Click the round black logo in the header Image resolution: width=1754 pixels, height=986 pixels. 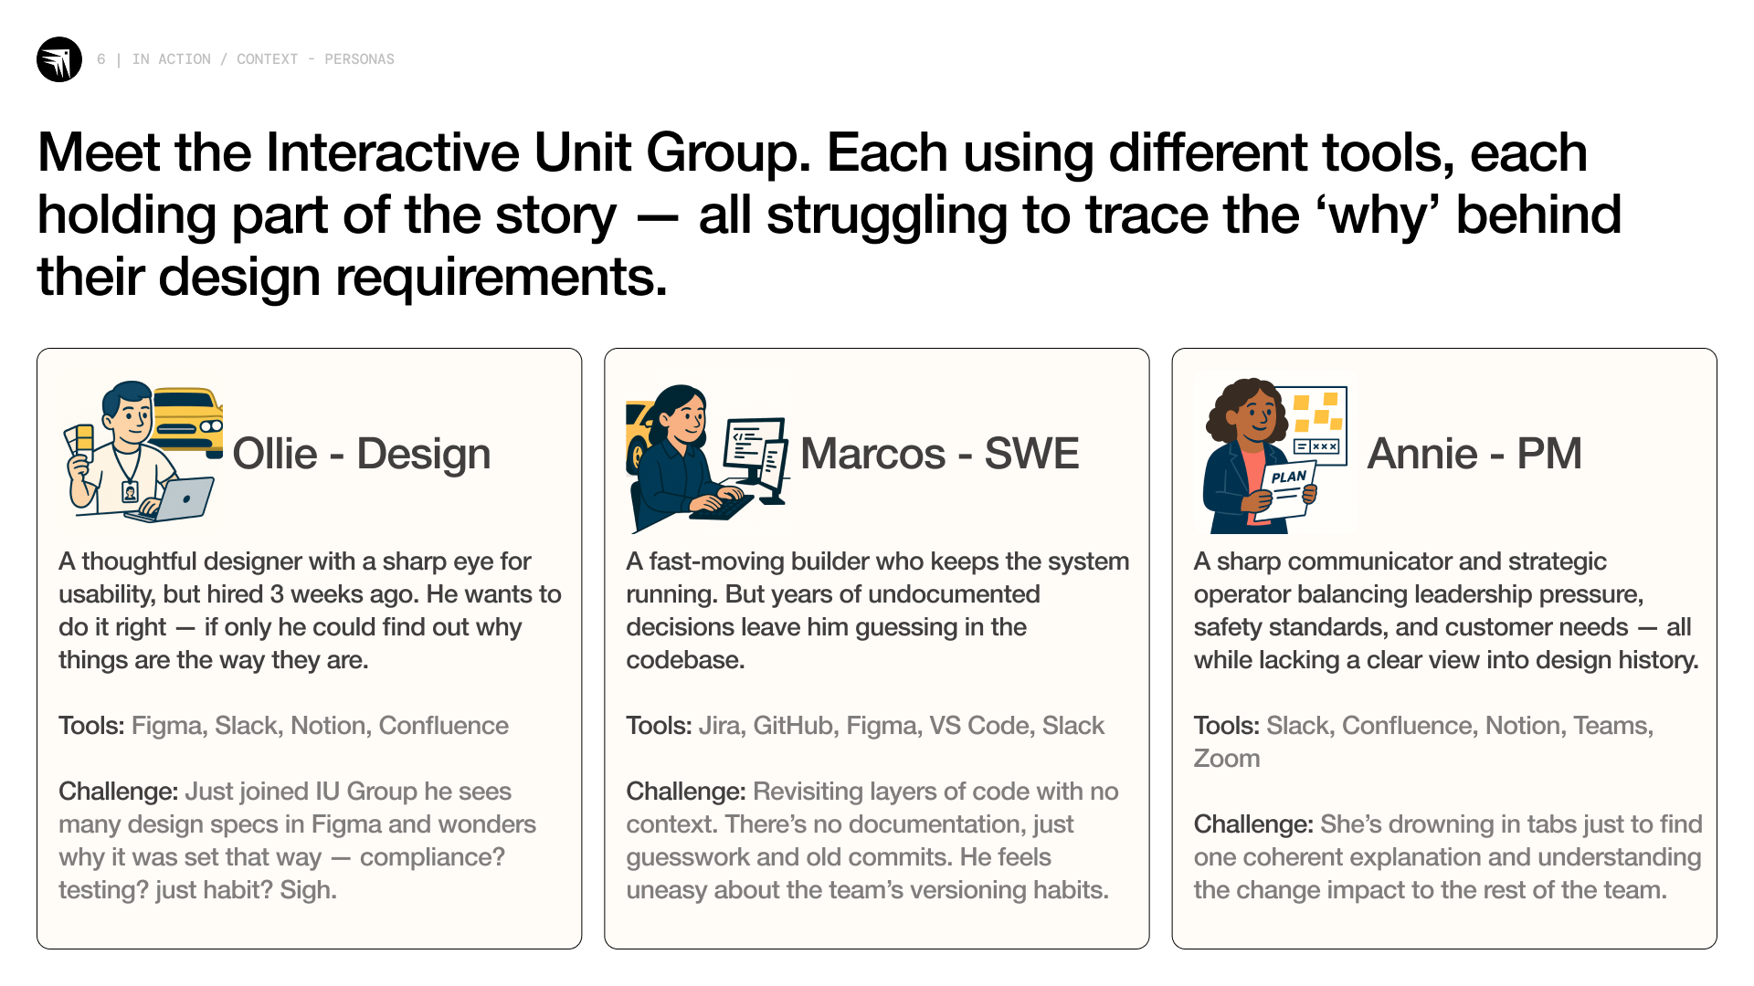click(59, 59)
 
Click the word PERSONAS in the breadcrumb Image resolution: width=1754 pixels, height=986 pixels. click(359, 59)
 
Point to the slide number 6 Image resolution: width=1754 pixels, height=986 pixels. click(101, 59)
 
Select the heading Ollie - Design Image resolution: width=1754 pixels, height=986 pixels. click(362, 454)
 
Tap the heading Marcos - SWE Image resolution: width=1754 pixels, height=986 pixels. click(940, 454)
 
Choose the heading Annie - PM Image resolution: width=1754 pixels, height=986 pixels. click(1474, 454)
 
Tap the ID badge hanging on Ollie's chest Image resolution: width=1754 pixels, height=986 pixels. click(130, 492)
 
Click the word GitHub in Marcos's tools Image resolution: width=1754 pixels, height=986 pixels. click(793, 726)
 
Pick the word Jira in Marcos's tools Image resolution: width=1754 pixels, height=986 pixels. click(720, 726)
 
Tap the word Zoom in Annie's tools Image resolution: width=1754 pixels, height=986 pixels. click(1227, 759)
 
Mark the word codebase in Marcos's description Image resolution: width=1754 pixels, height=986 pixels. click(682, 660)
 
